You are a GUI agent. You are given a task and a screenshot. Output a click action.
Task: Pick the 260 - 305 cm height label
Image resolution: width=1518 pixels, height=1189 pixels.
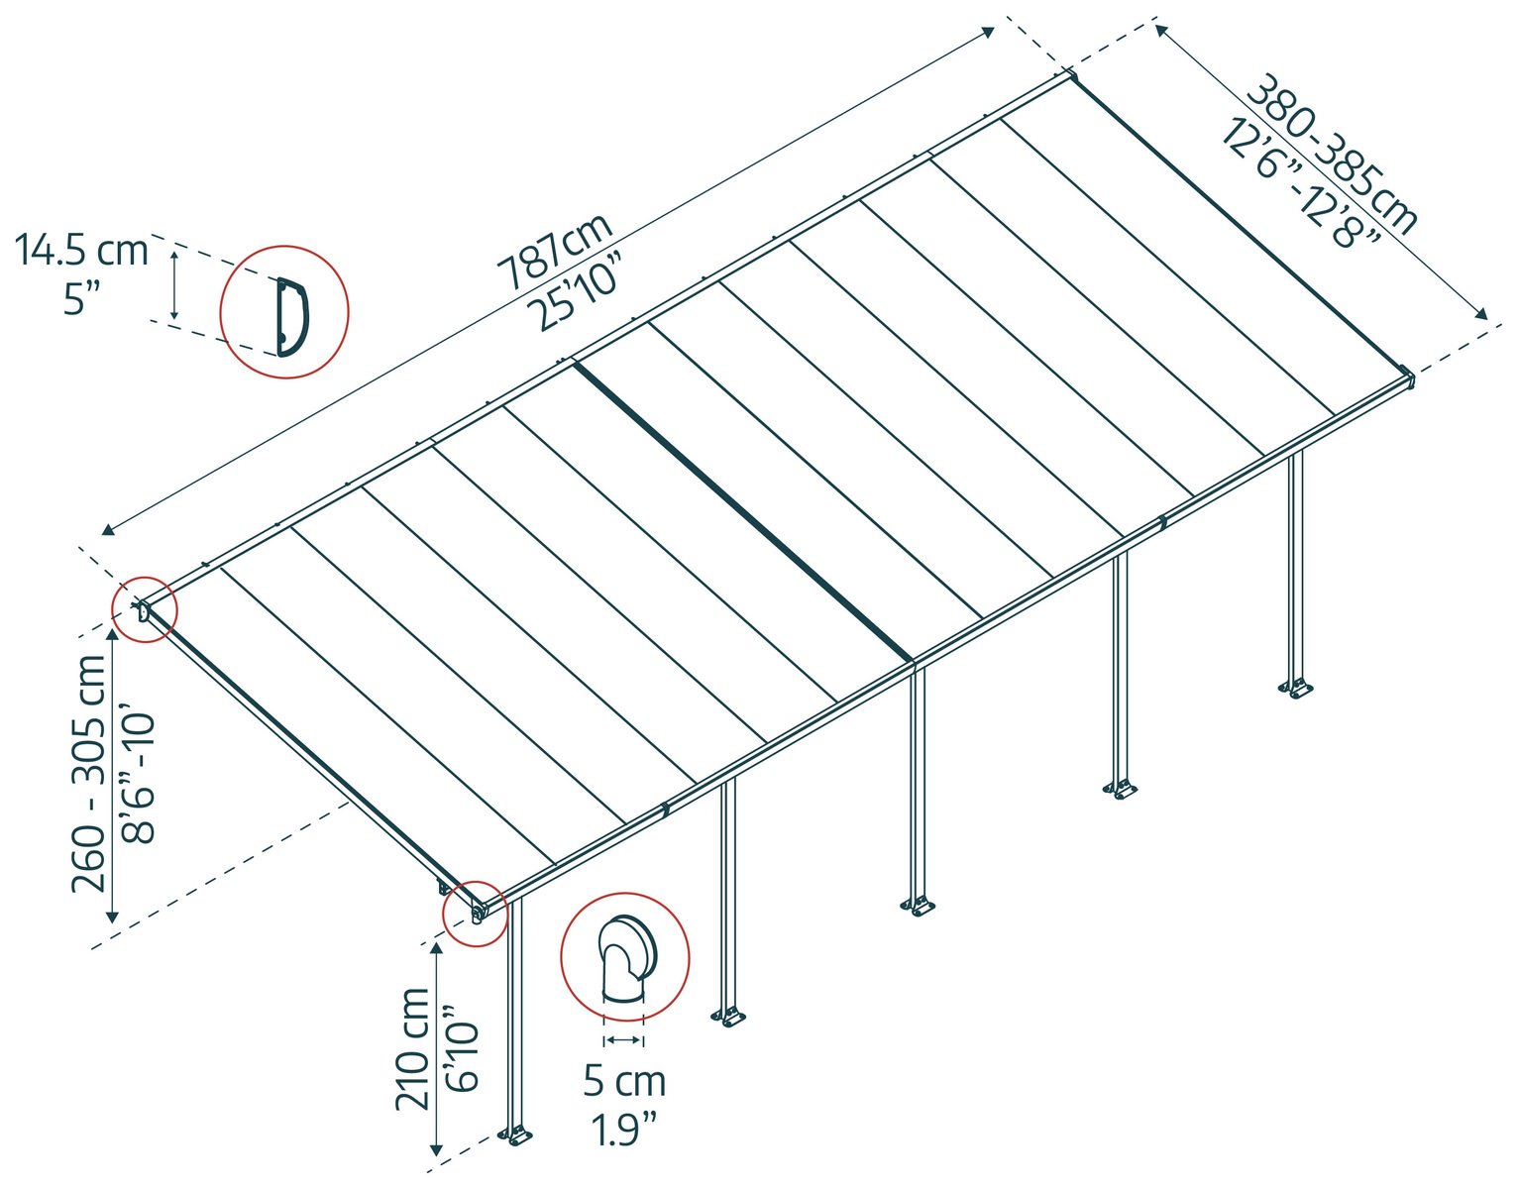tap(89, 773)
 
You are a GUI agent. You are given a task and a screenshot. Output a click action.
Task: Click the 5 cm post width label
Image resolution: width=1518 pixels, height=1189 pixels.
tap(624, 1082)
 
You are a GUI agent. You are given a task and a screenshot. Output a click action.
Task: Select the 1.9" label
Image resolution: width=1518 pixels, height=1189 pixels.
tap(624, 1130)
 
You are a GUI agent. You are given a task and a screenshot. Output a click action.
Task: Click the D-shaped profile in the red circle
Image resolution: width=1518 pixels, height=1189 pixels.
tap(292, 318)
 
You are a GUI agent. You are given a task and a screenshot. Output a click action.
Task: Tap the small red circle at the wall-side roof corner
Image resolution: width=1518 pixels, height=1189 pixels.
tap(146, 610)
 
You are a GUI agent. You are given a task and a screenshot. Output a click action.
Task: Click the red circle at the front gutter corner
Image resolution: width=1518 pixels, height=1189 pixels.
tap(476, 914)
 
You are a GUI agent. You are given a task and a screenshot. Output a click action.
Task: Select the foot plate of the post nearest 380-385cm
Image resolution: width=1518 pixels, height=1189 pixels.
tap(1296, 689)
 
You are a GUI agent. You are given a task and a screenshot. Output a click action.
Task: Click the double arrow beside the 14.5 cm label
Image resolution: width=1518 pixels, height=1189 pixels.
tap(175, 285)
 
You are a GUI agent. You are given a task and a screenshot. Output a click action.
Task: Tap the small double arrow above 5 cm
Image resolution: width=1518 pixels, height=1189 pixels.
tap(624, 1040)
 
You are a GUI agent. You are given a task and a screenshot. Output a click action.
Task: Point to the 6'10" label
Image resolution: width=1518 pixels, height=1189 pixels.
tap(462, 1048)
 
